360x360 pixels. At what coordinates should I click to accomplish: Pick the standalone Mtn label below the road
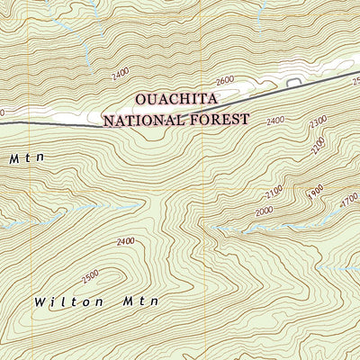pyautogui.click(x=26, y=158)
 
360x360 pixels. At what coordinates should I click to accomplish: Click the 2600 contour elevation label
pyautogui.click(x=224, y=80)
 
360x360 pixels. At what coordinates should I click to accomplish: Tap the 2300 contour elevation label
pyautogui.click(x=317, y=132)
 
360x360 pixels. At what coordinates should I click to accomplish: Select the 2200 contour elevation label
pyautogui.click(x=316, y=147)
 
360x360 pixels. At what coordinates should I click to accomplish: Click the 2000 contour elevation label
pyautogui.click(x=262, y=211)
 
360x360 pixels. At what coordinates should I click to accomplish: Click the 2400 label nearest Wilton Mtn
pyautogui.click(x=125, y=241)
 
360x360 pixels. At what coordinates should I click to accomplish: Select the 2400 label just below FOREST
pyautogui.click(x=274, y=120)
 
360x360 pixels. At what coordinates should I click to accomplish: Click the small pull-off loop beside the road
pyautogui.click(x=293, y=83)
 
